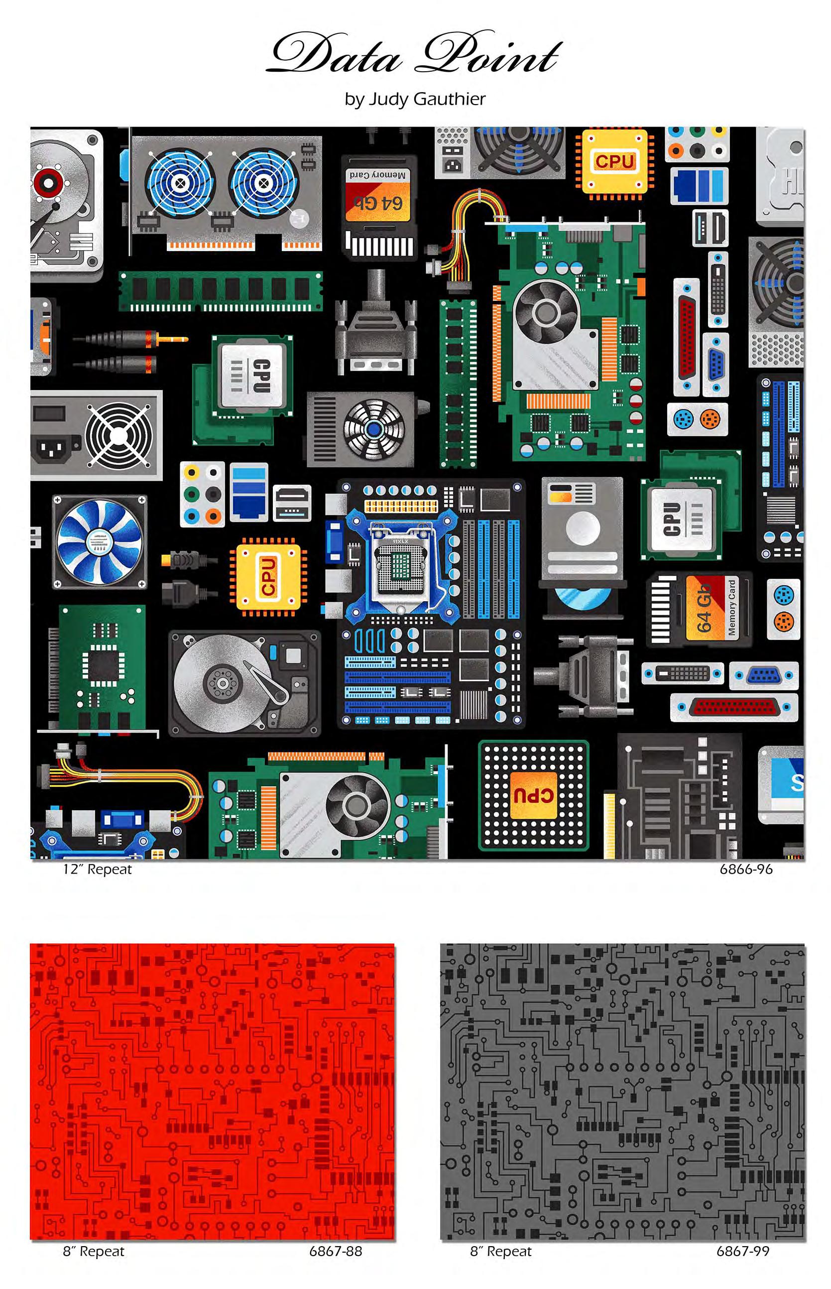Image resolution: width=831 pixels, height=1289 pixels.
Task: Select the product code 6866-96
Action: (745, 870)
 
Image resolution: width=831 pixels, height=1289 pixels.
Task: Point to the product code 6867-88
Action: (335, 1251)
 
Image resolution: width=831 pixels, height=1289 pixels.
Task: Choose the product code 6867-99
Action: (742, 1251)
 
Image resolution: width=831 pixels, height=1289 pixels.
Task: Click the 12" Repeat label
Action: (97, 870)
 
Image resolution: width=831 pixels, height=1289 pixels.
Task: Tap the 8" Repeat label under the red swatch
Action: (93, 1251)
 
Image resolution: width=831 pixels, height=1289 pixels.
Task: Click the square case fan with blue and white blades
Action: (99, 541)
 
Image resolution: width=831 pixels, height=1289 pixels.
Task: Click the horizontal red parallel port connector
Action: (733, 707)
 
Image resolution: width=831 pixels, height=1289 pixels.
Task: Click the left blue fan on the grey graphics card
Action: (181, 182)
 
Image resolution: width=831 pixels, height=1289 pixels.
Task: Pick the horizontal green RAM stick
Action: (220, 291)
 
